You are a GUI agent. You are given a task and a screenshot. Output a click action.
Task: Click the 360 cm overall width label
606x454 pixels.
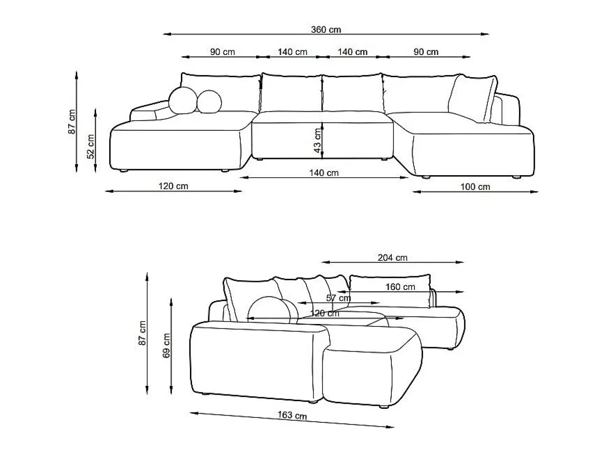click(x=326, y=29)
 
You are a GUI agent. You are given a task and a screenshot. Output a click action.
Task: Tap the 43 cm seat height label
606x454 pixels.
click(x=318, y=141)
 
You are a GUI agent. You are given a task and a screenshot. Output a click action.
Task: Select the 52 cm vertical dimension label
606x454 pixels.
click(x=90, y=146)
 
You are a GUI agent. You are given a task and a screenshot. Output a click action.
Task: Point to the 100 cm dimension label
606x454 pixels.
click(x=475, y=187)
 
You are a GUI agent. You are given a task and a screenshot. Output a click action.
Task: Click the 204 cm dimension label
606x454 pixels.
click(x=392, y=257)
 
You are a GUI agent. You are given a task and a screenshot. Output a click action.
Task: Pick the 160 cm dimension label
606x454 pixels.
click(x=400, y=286)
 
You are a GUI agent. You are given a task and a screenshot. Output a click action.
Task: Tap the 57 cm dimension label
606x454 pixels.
click(x=338, y=298)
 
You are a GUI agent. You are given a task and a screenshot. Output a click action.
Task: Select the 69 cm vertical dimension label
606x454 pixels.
click(x=166, y=345)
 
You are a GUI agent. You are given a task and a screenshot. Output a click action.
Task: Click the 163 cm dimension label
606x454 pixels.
click(x=292, y=415)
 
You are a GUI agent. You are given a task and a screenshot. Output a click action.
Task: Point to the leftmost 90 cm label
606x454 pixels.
click(x=222, y=52)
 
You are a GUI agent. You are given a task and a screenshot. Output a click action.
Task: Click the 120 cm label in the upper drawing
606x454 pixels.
click(x=173, y=186)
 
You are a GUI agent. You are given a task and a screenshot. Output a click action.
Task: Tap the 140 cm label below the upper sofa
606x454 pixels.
click(x=323, y=173)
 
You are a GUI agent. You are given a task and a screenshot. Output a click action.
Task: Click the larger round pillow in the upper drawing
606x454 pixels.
click(x=183, y=101)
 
